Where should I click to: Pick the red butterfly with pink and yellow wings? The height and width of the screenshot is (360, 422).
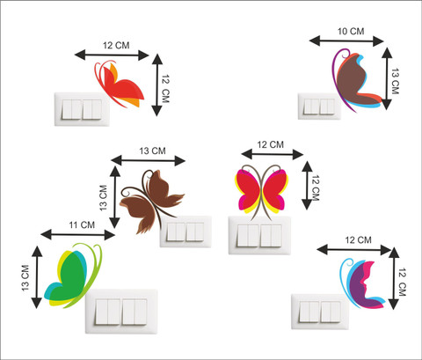click(x=262, y=191)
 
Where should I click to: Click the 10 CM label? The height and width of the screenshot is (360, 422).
click(x=351, y=31)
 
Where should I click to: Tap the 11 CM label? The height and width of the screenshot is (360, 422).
click(x=82, y=225)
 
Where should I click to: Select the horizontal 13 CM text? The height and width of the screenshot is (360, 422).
click(x=152, y=151)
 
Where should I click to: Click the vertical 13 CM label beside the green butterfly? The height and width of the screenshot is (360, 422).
click(x=25, y=278)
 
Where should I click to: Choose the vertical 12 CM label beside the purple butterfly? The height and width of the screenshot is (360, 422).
click(x=402, y=282)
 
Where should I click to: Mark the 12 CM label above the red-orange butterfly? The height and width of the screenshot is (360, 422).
click(x=116, y=46)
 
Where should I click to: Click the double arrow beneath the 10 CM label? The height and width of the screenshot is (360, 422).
click(x=346, y=40)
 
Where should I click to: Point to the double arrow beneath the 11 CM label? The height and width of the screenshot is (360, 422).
click(x=77, y=234)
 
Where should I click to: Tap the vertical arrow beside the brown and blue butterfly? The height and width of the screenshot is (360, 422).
click(x=387, y=78)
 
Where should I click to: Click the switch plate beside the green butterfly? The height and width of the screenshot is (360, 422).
click(x=121, y=312)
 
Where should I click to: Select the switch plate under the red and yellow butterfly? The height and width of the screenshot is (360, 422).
click(x=259, y=235)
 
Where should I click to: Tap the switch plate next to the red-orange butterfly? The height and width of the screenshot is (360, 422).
click(x=82, y=109)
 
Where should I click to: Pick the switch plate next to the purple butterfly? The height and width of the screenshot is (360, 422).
click(x=320, y=312)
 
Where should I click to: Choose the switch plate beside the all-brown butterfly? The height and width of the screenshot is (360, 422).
click(x=186, y=231)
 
